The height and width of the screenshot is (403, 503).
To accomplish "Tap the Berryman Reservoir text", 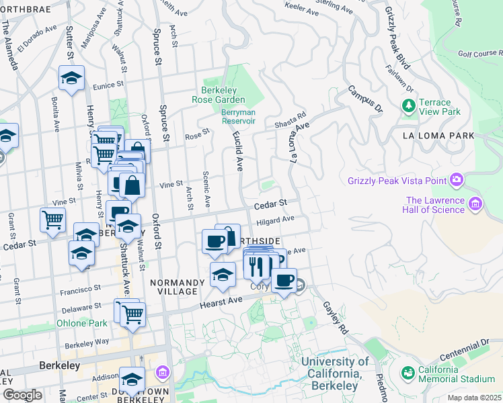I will tap(239, 117).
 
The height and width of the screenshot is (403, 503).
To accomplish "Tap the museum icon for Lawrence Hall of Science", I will tap(475, 203).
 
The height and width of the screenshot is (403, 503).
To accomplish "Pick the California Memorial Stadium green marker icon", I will tap(408, 372).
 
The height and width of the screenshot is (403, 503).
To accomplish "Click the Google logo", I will tap(22, 395).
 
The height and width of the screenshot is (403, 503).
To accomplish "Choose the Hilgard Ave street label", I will tap(275, 220).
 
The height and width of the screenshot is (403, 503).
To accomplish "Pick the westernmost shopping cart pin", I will tap(52, 218).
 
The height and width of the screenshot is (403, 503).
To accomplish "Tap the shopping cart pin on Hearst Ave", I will tap(133, 313).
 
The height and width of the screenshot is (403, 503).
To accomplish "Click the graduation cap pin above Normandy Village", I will tap(223, 273).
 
